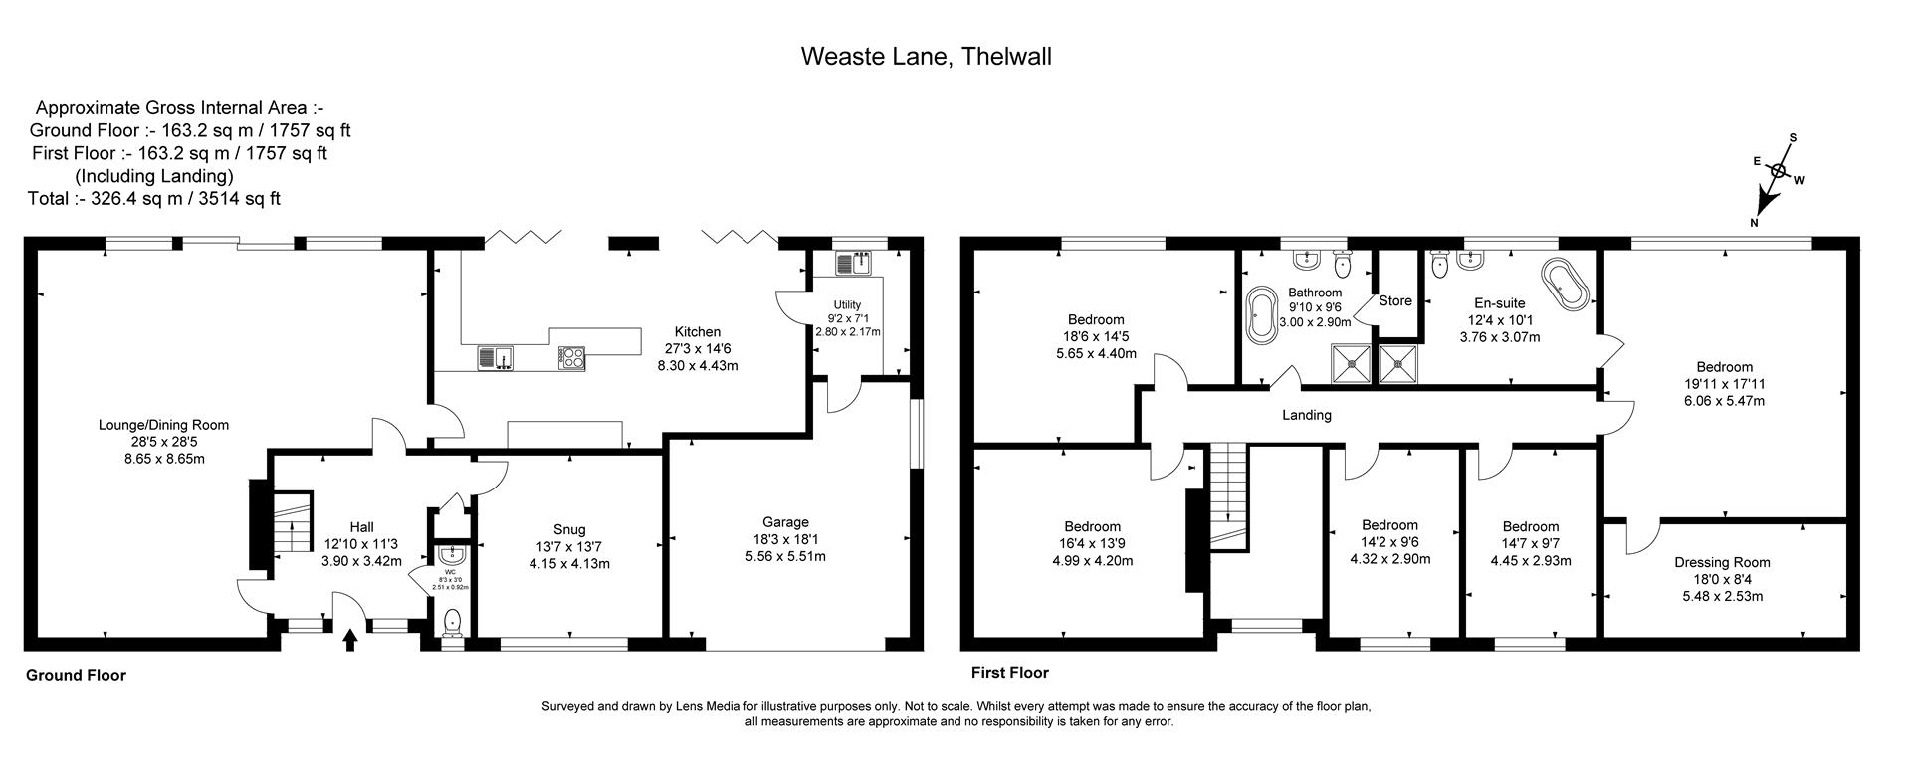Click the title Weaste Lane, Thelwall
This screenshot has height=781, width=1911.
click(x=926, y=57)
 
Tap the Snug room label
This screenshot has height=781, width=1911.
click(x=569, y=529)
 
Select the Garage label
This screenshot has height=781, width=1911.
click(x=785, y=522)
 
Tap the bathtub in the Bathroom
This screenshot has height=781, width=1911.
click(x=1262, y=315)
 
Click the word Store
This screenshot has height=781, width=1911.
click(x=1394, y=301)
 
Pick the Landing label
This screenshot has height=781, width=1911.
click(x=1306, y=415)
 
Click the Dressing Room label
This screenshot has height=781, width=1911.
click(x=1721, y=562)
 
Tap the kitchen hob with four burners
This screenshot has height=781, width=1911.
click(x=571, y=356)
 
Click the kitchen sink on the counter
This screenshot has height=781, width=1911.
click(x=495, y=356)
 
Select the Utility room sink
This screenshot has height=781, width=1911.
click(x=854, y=264)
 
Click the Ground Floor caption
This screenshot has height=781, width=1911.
click(x=76, y=675)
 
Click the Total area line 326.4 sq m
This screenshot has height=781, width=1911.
click(x=154, y=198)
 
